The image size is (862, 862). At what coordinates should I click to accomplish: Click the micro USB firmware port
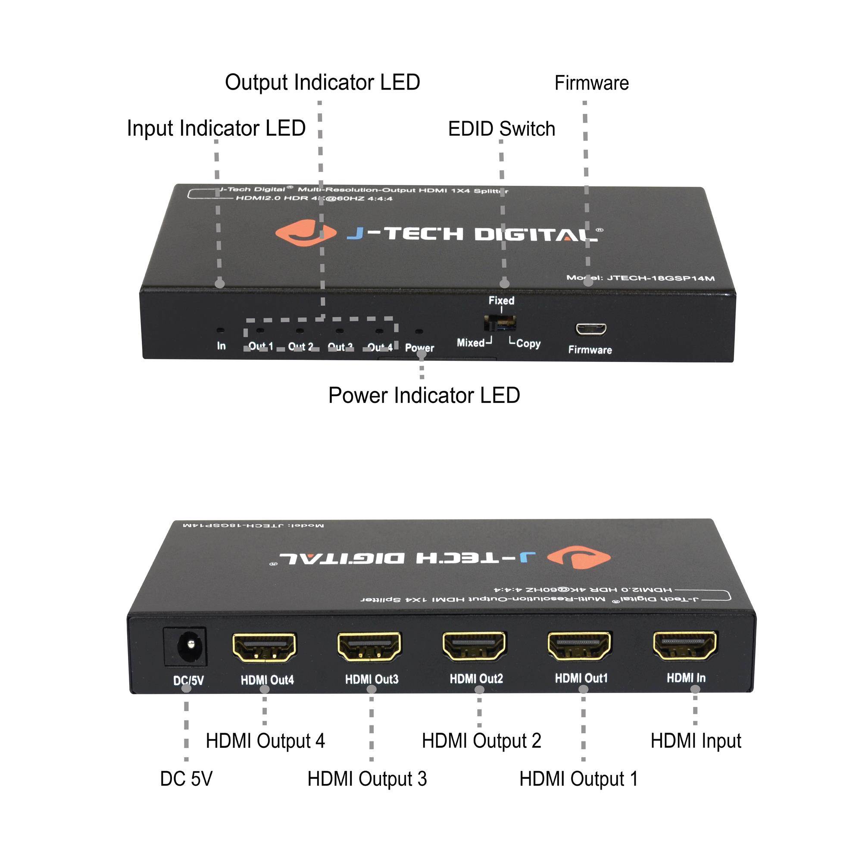(591, 329)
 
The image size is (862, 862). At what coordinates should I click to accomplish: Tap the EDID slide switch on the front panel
(500, 322)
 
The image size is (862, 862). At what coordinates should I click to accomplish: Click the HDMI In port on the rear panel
(685, 645)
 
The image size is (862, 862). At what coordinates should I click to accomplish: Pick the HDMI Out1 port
(580, 646)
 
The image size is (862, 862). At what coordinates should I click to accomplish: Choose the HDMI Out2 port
(474, 646)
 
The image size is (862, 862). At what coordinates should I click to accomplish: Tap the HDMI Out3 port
(369, 646)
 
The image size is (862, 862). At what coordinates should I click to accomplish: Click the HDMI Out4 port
(264, 646)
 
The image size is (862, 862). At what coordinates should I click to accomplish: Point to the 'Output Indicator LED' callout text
(322, 83)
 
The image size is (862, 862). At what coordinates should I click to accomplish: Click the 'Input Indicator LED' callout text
(216, 128)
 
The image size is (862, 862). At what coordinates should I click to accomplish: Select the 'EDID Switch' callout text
(502, 129)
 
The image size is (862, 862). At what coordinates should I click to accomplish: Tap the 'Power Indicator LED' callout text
(424, 395)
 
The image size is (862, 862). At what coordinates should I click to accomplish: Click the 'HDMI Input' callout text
(696, 741)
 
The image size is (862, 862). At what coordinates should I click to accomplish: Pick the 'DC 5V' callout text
(186, 779)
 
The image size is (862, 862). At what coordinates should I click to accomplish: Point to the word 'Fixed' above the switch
(502, 300)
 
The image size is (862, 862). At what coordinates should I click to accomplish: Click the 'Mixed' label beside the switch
(471, 343)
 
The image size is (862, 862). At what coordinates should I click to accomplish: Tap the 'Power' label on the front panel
(419, 347)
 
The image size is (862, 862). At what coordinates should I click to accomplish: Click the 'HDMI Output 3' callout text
(367, 779)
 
